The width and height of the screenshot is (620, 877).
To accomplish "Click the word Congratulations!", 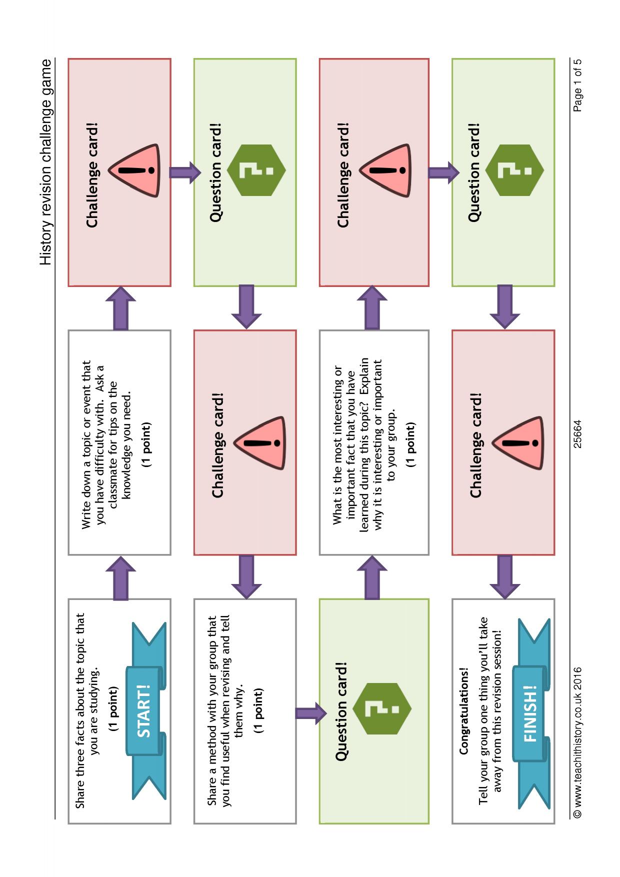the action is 463,710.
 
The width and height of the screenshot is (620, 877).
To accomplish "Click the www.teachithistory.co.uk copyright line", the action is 577,742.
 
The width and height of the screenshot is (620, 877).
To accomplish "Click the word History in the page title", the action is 45,243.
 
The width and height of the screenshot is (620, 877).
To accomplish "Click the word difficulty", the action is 100,474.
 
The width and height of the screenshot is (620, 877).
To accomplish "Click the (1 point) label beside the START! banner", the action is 114,709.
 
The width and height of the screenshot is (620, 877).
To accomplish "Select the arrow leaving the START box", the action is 120,578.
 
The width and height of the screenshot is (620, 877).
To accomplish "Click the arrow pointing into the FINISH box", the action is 505,577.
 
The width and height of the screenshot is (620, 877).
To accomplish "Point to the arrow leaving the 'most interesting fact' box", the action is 372,578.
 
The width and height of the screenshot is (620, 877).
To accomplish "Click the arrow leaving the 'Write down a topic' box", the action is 120,308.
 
